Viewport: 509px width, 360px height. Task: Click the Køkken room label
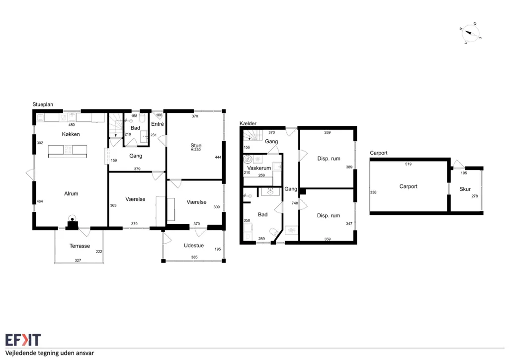(x=71, y=134)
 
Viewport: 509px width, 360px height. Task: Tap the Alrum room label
(x=71, y=193)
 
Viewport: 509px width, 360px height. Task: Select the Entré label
(x=158, y=124)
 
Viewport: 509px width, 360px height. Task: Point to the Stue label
(x=196, y=145)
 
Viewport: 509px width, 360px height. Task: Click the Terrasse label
(x=80, y=246)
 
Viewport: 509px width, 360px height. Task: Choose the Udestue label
(x=194, y=246)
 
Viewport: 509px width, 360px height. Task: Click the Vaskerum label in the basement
(x=259, y=168)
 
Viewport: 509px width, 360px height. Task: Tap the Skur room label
(x=465, y=189)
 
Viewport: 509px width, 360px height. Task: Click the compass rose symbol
(x=470, y=33)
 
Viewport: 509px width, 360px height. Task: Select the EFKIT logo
(x=23, y=340)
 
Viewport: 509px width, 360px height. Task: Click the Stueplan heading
(x=43, y=104)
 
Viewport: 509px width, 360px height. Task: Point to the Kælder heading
(x=248, y=123)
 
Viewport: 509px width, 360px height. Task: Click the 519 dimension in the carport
(x=409, y=164)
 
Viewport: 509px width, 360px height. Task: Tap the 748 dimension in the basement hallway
(x=295, y=203)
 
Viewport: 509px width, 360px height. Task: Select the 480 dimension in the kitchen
(x=72, y=125)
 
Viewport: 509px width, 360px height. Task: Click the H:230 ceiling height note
(x=196, y=150)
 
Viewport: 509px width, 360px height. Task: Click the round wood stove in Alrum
(x=72, y=218)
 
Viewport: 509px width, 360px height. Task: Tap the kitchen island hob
(x=68, y=150)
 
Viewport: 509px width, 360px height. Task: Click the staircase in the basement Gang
(x=253, y=135)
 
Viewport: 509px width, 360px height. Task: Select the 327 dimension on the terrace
(x=78, y=260)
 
